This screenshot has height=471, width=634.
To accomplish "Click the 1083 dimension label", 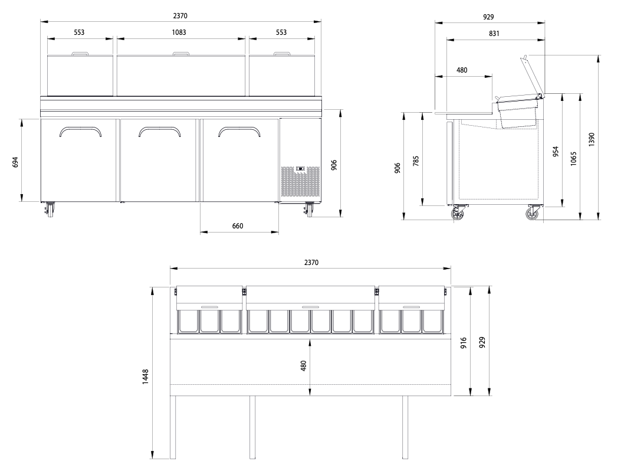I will pyautogui.click(x=179, y=32).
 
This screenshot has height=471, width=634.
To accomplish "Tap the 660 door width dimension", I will pyautogui.click(x=238, y=226).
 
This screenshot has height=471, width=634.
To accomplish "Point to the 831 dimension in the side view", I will pyautogui.click(x=494, y=34).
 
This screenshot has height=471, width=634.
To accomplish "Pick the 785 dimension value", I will pyautogui.click(x=416, y=161).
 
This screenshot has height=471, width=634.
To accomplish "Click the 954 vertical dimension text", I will pyautogui.click(x=555, y=152).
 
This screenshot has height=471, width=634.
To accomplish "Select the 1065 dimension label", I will pyautogui.click(x=574, y=158).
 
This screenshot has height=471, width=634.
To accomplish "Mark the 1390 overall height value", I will pyautogui.click(x=592, y=139).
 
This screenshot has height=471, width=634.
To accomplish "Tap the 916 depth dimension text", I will pyautogui.click(x=464, y=342).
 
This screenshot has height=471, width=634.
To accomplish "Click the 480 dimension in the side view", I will pyautogui.click(x=462, y=70).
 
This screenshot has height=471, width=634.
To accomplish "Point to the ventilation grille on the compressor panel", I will pyautogui.click(x=300, y=182).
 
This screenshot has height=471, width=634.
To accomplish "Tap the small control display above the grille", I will pyautogui.click(x=300, y=169).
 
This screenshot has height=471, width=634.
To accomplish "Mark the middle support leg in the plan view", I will pyautogui.click(x=252, y=427).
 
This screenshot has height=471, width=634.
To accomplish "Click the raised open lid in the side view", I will pyautogui.click(x=531, y=74).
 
